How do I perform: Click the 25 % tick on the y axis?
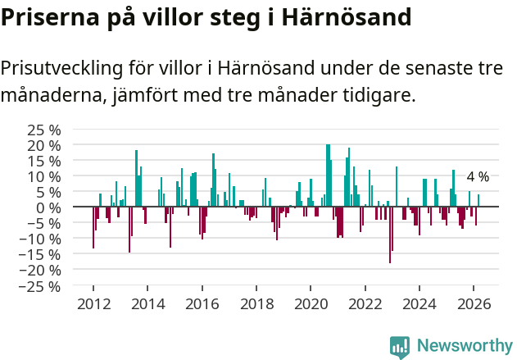pos(43,130)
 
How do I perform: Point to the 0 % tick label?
pos(49,207)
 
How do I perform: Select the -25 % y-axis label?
pos(40,286)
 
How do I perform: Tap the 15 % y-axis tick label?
pos(43,161)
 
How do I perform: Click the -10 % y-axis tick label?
pos(40,239)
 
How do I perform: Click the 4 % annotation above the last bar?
pos(478,177)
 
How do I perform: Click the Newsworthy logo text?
pos(464,346)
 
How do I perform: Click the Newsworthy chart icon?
pos(400,347)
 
